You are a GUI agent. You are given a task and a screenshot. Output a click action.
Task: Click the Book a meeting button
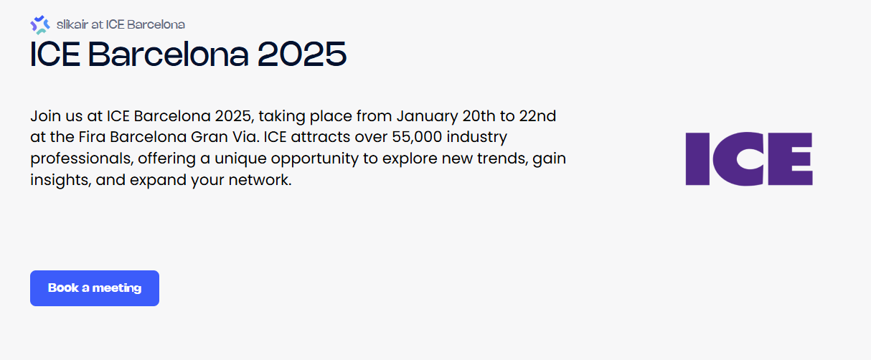(x=94, y=288)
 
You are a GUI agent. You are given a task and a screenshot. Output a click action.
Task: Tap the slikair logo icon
(x=40, y=24)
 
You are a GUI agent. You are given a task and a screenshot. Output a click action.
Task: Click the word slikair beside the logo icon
(x=72, y=24)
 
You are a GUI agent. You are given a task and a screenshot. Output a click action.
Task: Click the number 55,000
(x=408, y=136)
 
